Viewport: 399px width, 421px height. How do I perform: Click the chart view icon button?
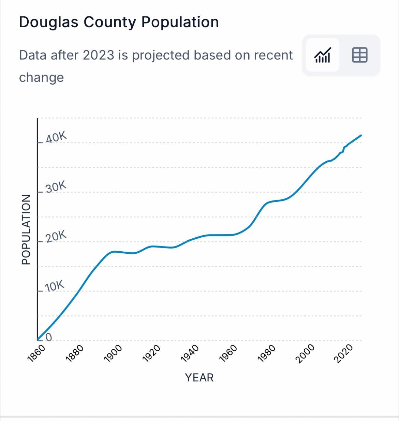tap(322, 55)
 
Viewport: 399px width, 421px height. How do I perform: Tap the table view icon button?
tap(359, 55)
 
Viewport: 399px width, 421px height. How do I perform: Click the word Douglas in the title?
tap(48, 22)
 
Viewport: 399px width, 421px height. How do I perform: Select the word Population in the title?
tap(180, 22)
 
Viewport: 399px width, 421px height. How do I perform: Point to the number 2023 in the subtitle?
tap(98, 55)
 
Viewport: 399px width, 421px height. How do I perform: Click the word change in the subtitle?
tap(41, 77)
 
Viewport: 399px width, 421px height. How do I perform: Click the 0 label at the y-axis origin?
tap(48, 337)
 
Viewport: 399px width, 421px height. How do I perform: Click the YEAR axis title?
tap(199, 378)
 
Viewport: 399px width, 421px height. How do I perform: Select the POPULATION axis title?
tap(26, 229)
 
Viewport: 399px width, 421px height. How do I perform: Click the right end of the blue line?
tap(361, 136)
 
